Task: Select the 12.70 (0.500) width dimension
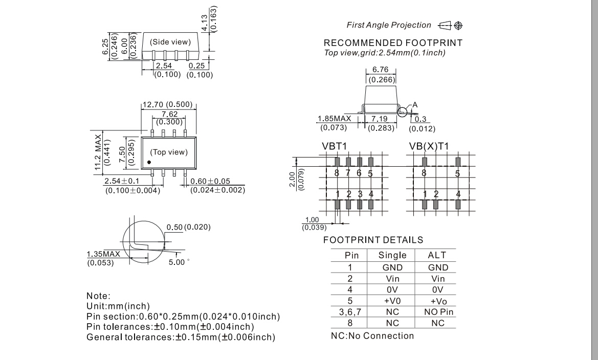167,105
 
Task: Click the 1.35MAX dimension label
102,253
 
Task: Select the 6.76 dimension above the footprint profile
380,71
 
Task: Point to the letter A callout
415,104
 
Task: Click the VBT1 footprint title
335,146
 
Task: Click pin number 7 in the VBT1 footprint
348,173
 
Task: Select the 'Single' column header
392,255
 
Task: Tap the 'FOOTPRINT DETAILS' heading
373,240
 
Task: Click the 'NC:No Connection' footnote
372,335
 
